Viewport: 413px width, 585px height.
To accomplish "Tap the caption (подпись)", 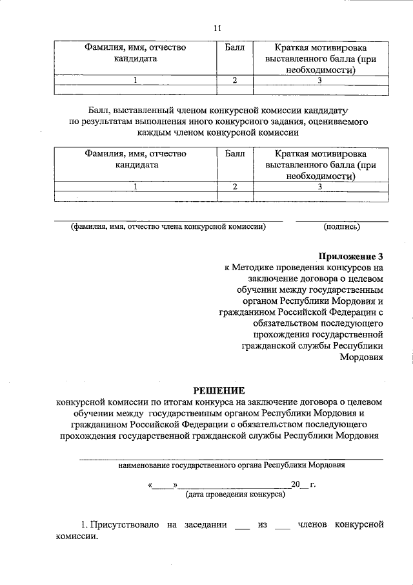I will (341, 227).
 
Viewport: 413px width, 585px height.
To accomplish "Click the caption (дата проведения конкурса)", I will (231, 495).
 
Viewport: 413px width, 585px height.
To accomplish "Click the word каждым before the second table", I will (154, 133).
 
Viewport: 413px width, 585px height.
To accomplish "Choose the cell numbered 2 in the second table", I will (235, 187).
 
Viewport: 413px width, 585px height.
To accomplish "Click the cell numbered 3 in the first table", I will (319, 81).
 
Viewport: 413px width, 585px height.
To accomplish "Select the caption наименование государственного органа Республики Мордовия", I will (231, 465).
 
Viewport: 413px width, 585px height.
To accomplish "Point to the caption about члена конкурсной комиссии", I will (168, 227).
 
